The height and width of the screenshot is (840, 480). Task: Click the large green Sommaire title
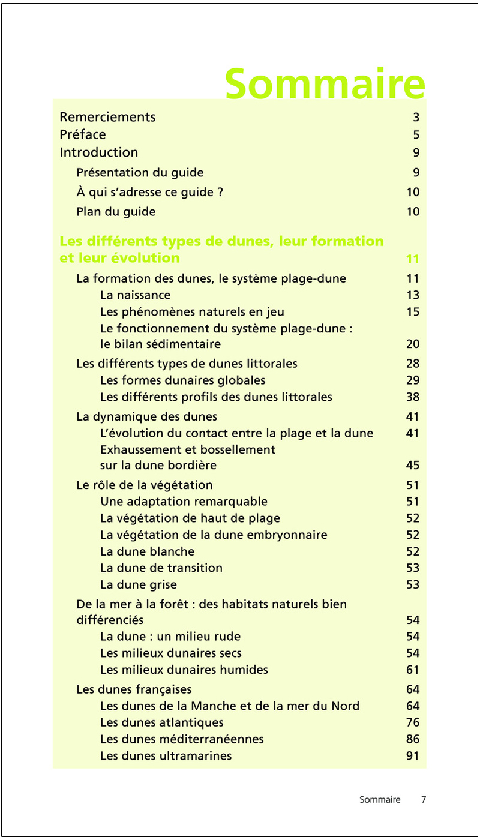325,83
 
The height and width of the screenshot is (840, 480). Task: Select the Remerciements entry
107,117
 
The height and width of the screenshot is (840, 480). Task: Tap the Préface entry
83,134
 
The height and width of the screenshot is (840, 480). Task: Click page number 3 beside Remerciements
416,118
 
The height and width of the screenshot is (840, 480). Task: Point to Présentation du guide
140,173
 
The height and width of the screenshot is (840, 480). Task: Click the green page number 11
412,259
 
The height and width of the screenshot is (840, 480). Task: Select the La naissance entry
135,295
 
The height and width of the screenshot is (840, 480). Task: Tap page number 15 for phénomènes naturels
412,312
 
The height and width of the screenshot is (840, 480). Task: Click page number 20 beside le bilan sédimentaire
412,344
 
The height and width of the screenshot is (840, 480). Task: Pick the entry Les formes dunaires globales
182,380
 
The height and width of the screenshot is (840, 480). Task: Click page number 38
412,397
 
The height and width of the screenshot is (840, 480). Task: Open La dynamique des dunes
146,416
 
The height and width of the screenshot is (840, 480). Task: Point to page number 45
412,466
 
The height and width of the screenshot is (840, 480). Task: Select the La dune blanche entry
147,551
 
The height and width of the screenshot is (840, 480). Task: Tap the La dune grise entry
138,584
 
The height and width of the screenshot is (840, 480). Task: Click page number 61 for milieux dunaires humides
412,670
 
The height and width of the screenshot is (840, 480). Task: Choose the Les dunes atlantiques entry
161,722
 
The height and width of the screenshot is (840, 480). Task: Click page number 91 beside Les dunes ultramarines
412,756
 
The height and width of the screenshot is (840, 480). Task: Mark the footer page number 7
424,800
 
